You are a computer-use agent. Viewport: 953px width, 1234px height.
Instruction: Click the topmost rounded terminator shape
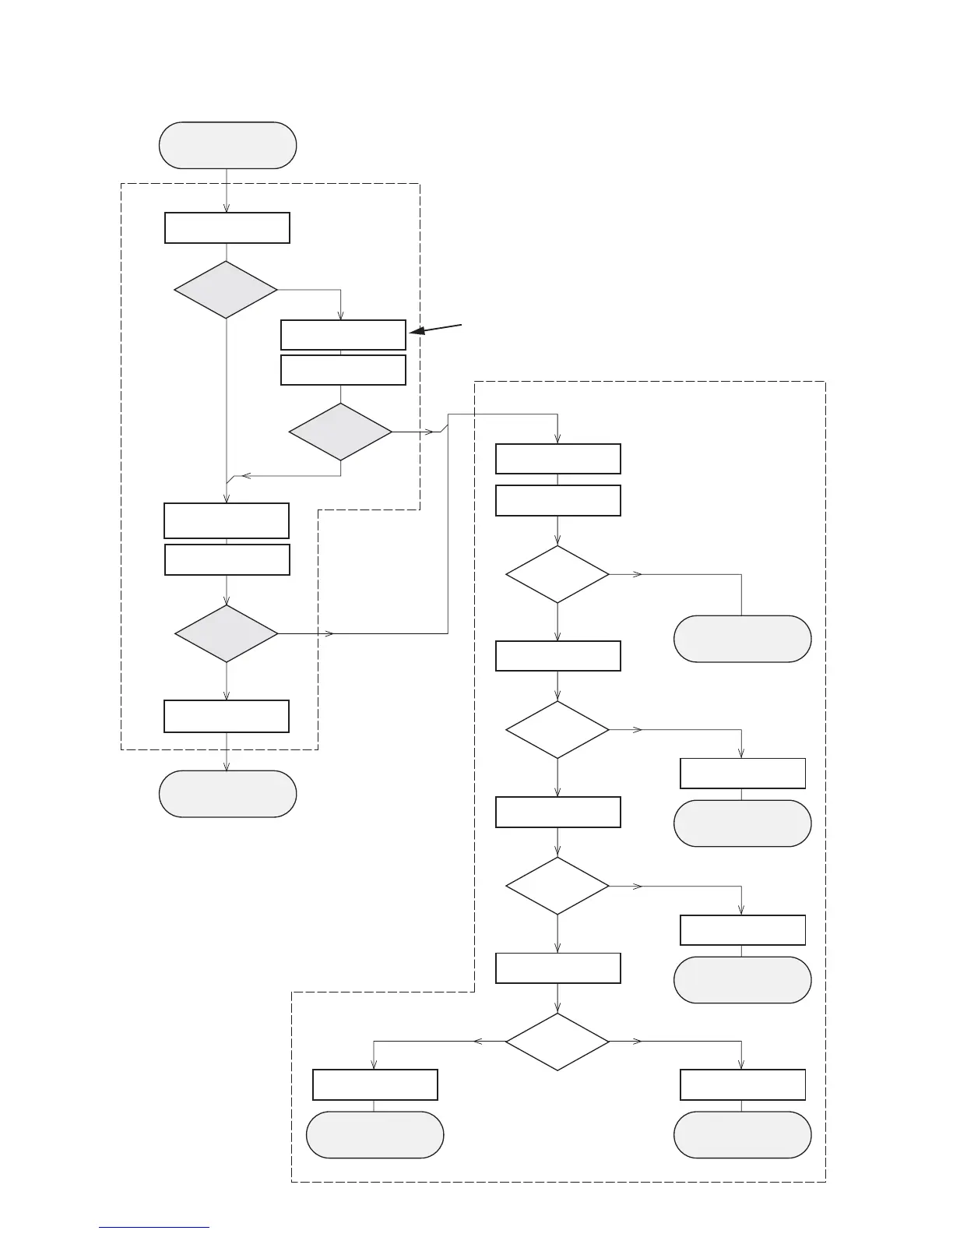(227, 145)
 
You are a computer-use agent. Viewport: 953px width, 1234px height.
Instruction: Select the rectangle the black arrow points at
(343, 335)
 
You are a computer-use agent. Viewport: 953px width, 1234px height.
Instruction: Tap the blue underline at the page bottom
(154, 1227)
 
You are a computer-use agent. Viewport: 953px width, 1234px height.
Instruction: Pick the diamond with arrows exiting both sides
(557, 1042)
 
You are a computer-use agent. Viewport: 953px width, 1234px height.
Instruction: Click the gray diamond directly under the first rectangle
(226, 290)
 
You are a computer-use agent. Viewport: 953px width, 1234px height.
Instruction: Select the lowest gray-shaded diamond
(226, 633)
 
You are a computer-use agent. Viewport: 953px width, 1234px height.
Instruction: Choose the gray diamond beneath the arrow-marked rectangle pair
(340, 432)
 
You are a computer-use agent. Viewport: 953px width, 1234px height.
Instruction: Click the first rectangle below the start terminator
(227, 228)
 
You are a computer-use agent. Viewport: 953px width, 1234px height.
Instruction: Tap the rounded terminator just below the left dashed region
(227, 794)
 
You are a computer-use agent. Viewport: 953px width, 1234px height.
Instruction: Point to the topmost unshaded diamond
(557, 574)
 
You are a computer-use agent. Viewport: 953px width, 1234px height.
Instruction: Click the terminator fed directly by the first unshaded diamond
(742, 639)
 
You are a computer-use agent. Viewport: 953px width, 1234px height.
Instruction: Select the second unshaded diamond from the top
(557, 730)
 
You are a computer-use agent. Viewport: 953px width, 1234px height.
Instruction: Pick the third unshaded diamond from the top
(557, 886)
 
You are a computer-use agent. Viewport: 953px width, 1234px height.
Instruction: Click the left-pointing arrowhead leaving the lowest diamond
(477, 1042)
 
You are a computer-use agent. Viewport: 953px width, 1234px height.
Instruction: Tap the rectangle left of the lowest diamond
(375, 1084)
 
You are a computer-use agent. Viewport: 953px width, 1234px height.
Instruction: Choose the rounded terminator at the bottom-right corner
(742, 1135)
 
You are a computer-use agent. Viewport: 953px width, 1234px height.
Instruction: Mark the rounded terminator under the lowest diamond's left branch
(375, 1135)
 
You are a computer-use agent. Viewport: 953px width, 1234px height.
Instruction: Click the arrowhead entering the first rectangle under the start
(227, 208)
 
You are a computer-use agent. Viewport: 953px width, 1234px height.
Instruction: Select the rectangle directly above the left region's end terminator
(227, 716)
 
